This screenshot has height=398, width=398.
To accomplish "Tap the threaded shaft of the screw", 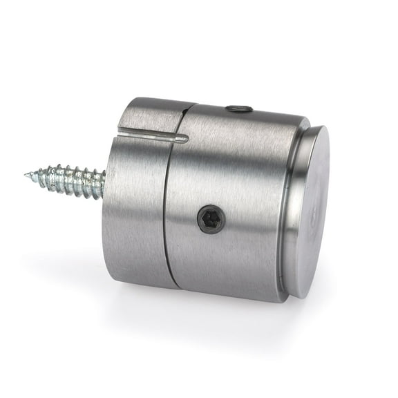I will coord(69,180).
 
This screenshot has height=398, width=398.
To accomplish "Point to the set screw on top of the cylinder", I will coord(238,108).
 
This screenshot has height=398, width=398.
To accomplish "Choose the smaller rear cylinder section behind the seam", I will coord(135,207).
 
